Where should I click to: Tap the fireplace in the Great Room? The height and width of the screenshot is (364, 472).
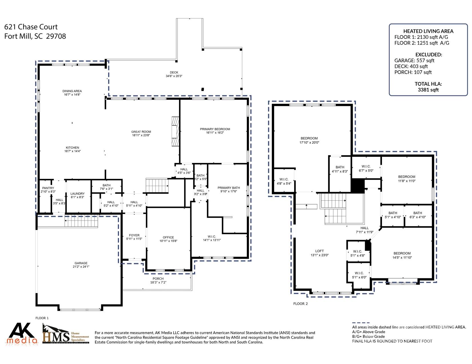pyautogui.click(x=175, y=131)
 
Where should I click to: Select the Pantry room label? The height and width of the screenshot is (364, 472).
pyautogui.click(x=48, y=188)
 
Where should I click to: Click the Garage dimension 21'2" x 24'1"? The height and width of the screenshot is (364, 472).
pyautogui.click(x=81, y=267)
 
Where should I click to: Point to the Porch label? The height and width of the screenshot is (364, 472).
pyautogui.click(x=158, y=279)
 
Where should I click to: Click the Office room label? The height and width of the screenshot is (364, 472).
pyautogui.click(x=168, y=237)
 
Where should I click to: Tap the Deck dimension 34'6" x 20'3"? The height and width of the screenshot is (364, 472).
pyautogui.click(x=174, y=76)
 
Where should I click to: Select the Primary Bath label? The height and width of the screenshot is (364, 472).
pyautogui.click(x=229, y=188)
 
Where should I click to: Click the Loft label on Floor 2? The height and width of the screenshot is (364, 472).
pyautogui.click(x=320, y=251)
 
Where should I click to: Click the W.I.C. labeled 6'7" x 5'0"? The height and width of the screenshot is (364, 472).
pyautogui.click(x=366, y=166)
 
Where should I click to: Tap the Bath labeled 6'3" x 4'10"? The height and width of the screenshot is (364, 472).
pyautogui.click(x=418, y=213)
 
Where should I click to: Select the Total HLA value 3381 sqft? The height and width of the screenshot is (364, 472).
pyautogui.click(x=428, y=90)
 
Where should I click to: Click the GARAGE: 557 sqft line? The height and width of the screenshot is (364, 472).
pyautogui.click(x=414, y=61)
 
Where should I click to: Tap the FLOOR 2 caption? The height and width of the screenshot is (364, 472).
pyautogui.click(x=300, y=304)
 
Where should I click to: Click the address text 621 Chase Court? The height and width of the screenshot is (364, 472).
pyautogui.click(x=31, y=27)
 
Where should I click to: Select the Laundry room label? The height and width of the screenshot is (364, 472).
pyautogui.click(x=77, y=194)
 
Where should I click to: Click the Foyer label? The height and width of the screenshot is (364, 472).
pyautogui.click(x=134, y=236)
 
